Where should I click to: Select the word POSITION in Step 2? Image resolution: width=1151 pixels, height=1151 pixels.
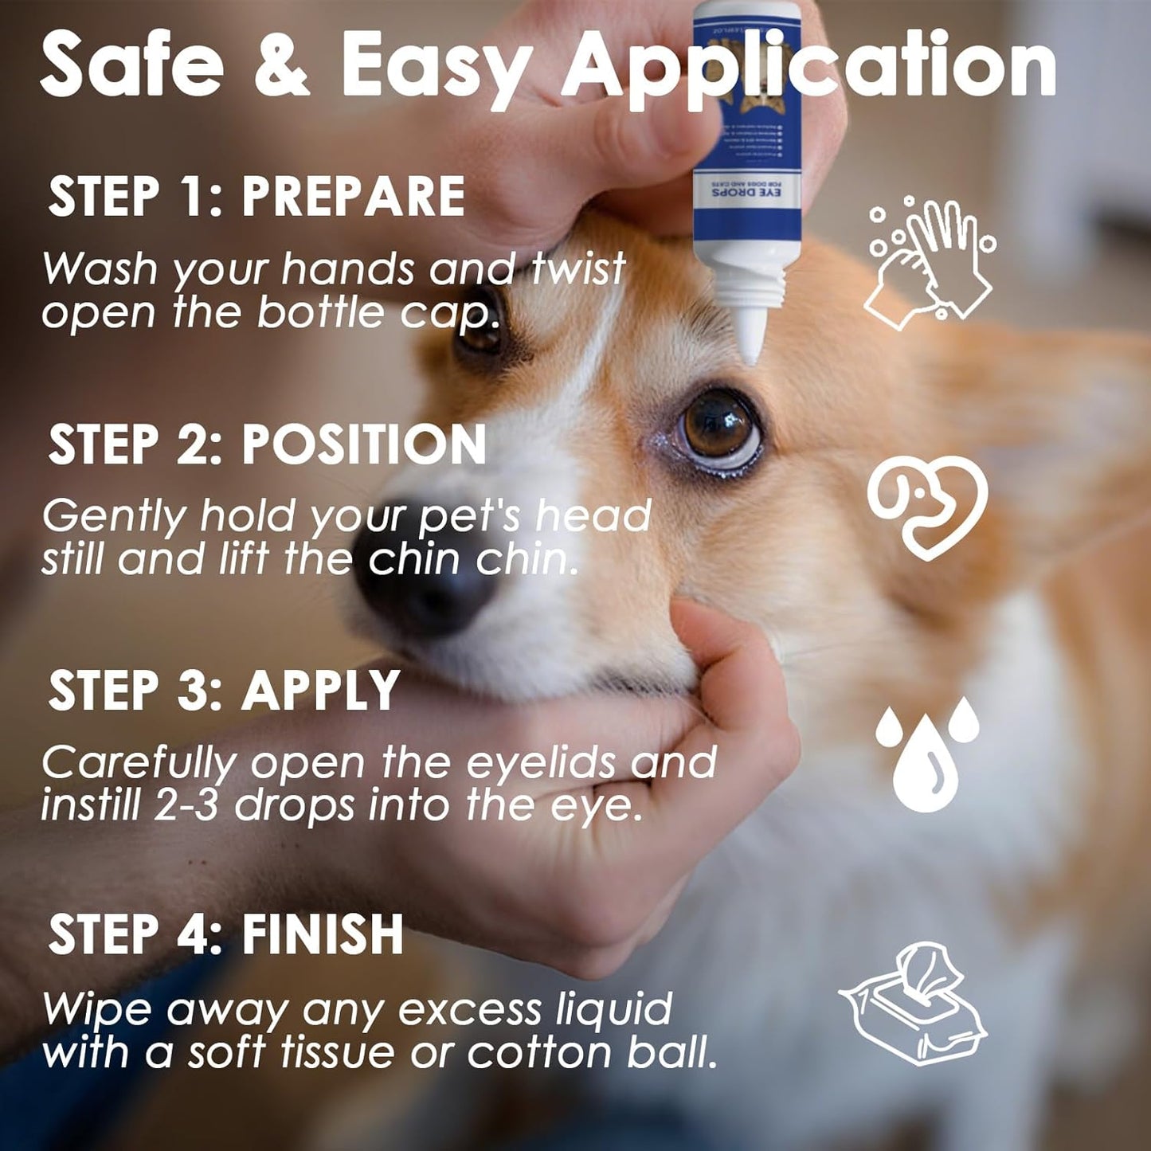[x=364, y=444]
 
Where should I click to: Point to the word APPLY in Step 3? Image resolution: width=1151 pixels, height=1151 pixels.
[x=320, y=690]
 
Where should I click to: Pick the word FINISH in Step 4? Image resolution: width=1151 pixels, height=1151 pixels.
[x=323, y=934]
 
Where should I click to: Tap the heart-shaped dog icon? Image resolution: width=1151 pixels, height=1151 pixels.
[x=928, y=507]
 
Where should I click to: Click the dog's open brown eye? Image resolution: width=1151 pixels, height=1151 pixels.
[x=717, y=428]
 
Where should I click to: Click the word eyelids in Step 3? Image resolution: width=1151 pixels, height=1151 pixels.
[x=541, y=763]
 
